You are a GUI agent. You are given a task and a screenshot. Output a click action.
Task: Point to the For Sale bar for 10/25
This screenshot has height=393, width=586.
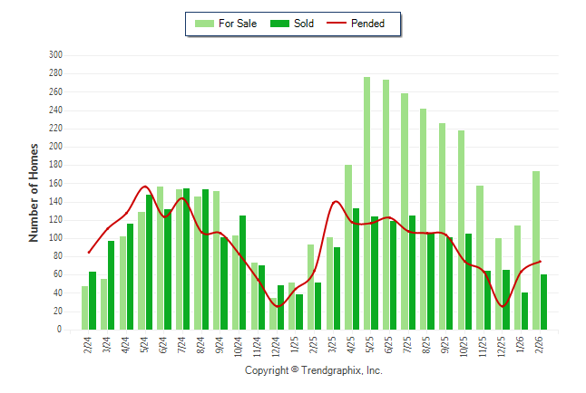(x=461, y=230)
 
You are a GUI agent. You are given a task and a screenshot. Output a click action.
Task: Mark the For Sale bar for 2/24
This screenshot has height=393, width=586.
(x=84, y=308)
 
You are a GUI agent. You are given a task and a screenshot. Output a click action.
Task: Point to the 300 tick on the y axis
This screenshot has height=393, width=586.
(x=55, y=55)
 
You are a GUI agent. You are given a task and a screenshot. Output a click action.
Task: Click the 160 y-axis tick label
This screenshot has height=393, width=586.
(x=55, y=184)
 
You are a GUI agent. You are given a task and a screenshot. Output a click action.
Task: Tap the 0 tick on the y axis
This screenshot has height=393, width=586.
(x=59, y=331)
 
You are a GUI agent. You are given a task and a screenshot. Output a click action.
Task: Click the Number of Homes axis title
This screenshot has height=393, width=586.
(x=34, y=192)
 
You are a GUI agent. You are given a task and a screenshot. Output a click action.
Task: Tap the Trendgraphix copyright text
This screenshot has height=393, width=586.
(x=314, y=371)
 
